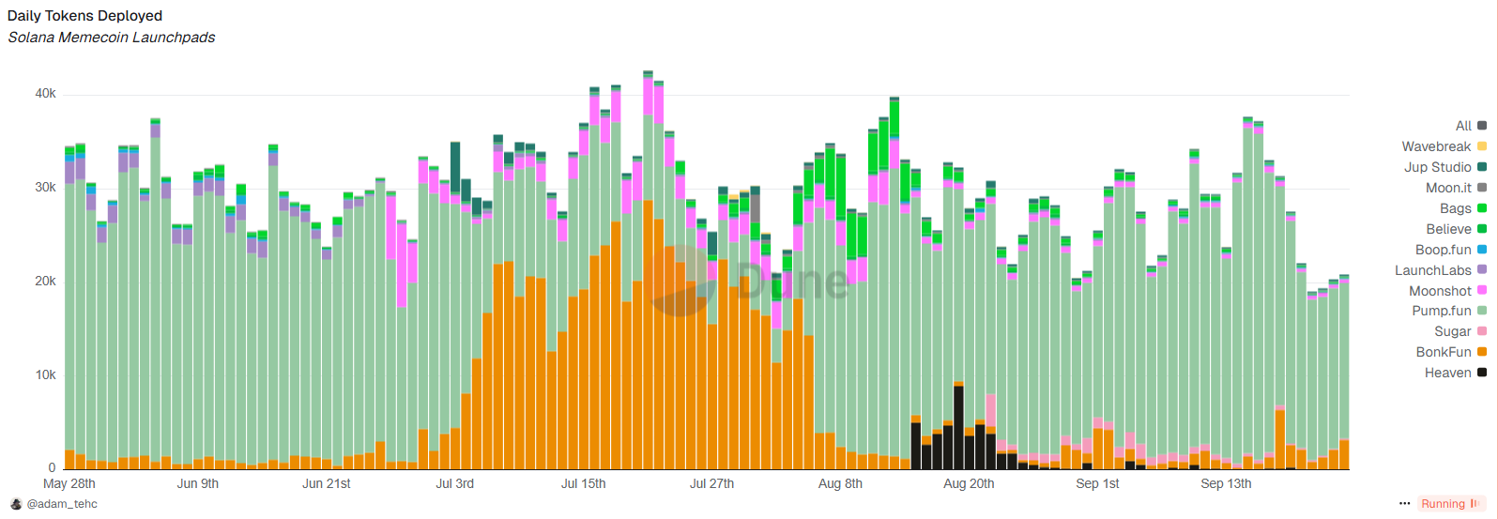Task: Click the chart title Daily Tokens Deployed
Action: pos(84,16)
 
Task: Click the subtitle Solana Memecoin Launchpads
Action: pos(112,38)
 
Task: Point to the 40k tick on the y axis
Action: pos(45,94)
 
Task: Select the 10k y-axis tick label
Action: pos(45,375)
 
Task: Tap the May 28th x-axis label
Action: pos(69,484)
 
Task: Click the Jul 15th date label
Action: pos(583,484)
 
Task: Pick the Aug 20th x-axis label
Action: pos(969,484)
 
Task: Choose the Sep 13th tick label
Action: pos(1226,484)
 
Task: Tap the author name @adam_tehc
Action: pos(62,504)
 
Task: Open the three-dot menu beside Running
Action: pos(1404,504)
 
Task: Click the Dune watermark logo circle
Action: pos(679,281)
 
